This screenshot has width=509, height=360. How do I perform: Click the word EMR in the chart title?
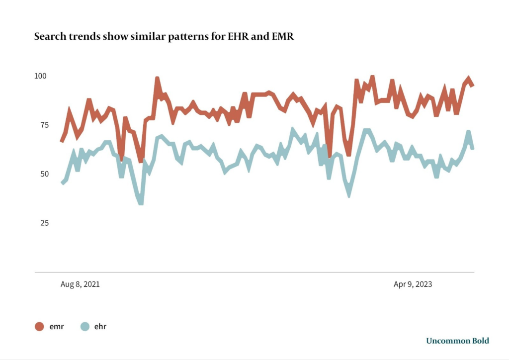click(x=283, y=37)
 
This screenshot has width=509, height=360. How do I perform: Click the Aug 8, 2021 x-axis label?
click(x=80, y=284)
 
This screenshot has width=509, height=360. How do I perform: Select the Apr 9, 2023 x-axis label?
click(x=413, y=284)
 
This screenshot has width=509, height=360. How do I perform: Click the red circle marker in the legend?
click(x=40, y=327)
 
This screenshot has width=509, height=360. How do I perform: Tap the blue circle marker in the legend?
click(x=85, y=327)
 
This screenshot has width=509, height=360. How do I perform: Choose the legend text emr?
click(x=56, y=327)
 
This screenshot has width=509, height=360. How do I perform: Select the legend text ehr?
click(x=100, y=327)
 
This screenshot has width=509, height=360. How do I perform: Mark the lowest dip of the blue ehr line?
click(x=141, y=202)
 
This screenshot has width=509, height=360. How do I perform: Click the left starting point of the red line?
click(x=62, y=141)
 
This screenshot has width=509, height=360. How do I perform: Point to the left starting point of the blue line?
click(x=62, y=183)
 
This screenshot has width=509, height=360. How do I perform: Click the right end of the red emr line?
click(x=473, y=85)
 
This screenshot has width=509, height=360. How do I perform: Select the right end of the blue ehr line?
click(x=472, y=148)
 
